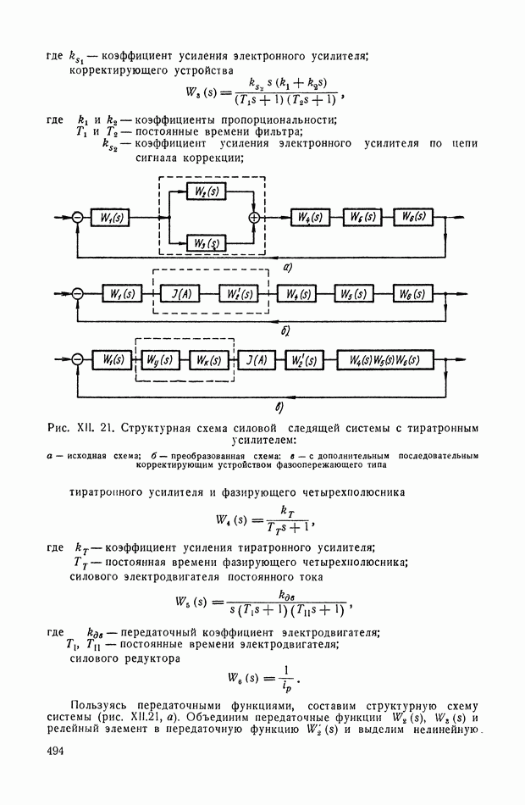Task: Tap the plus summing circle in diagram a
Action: [252, 217]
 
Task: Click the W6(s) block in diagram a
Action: [414, 217]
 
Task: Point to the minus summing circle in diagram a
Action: [77, 218]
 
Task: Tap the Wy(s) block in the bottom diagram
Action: [160, 359]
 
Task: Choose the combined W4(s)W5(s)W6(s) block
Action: [384, 359]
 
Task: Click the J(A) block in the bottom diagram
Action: [255, 359]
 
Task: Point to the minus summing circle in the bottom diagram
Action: [77, 360]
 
